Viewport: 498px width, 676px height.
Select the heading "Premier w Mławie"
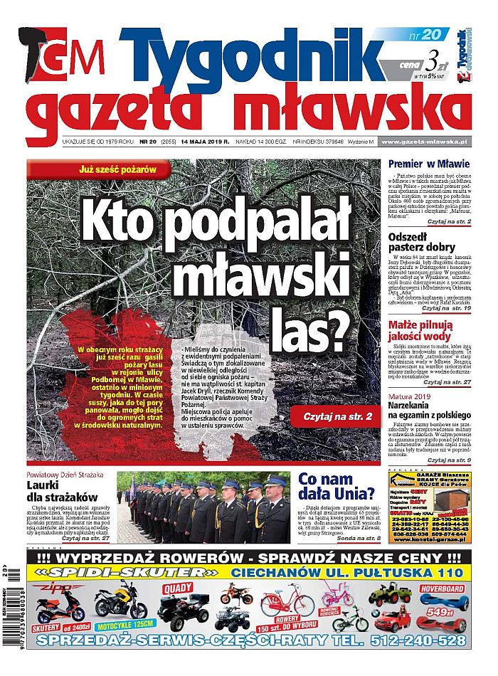[x=429, y=164]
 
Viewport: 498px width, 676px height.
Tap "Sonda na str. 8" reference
[x=354, y=539]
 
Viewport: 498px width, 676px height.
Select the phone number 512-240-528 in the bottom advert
[x=418, y=641]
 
